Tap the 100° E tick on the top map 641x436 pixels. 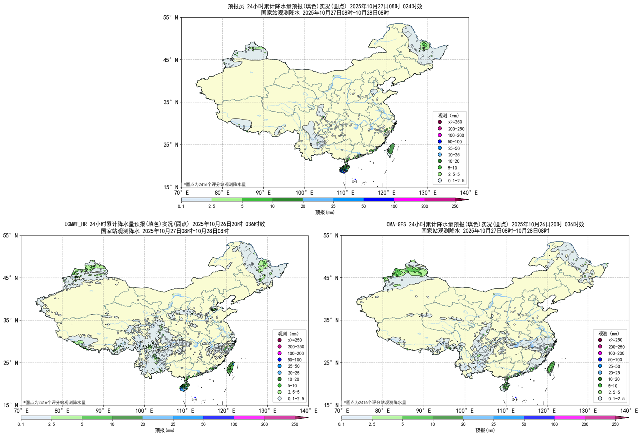point(304,193)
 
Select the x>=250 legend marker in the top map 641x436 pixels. point(440,122)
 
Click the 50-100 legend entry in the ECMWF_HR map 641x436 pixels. point(294,360)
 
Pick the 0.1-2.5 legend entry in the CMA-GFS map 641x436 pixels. point(616,399)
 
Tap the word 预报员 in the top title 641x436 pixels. point(236,6)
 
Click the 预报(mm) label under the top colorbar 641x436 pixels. point(325,212)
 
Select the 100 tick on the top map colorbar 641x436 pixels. point(394,206)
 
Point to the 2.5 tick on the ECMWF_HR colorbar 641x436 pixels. point(51,424)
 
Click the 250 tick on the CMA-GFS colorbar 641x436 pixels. point(615,424)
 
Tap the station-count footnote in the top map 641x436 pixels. point(215,184)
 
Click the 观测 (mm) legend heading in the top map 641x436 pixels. point(448,116)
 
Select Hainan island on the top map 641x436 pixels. point(344,169)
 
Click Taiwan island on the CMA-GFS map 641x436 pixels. point(550,367)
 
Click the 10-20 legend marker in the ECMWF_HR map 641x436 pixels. point(279,379)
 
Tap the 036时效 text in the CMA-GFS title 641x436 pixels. point(574,224)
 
